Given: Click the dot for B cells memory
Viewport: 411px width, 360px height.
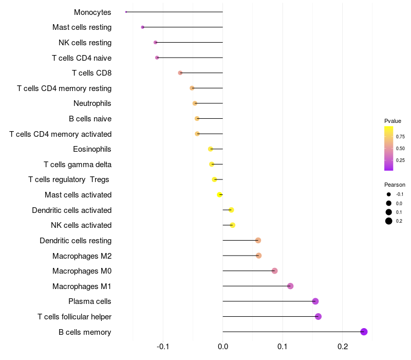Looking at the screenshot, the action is tap(364, 332).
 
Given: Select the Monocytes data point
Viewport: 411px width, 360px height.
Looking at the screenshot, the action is tap(126, 12).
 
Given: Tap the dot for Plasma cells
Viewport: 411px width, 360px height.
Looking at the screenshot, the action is tap(315, 301).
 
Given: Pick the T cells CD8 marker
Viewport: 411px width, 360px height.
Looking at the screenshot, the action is tap(180, 73).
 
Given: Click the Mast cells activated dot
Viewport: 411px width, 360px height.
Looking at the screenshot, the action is tap(220, 195).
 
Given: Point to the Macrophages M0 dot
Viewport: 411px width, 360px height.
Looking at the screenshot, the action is tap(274, 271).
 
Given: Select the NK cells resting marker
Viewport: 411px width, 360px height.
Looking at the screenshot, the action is tap(156, 42).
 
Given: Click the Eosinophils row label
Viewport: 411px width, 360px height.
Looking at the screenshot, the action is tap(92, 149).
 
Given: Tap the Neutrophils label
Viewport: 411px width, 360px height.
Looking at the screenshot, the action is tap(92, 103).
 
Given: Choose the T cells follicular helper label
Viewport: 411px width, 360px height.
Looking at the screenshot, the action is tap(74, 317).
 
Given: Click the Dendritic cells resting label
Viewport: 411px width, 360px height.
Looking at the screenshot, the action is tap(76, 241).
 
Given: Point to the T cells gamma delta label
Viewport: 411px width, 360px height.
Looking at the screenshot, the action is tap(78, 165).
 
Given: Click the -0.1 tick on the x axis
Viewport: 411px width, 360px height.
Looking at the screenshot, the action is tap(163, 347).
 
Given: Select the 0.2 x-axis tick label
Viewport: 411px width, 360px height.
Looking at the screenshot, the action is tap(343, 347).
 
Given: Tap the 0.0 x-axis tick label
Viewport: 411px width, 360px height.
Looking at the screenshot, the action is tap(223, 347).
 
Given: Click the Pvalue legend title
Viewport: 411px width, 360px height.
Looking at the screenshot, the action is tap(393, 121).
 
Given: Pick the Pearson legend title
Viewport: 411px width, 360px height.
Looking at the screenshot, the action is tap(395, 185).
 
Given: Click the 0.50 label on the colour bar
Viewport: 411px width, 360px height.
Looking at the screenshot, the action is tap(400, 149).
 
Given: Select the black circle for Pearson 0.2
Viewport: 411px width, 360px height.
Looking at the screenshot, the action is tap(389, 221).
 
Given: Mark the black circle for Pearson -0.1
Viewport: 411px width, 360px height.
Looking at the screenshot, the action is tap(389, 194).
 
